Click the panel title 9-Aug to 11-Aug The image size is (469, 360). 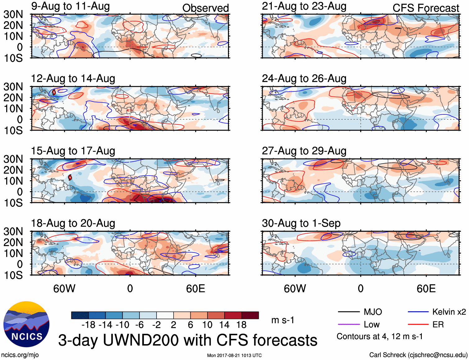coord(70,6)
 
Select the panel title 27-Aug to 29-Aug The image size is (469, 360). coord(304,151)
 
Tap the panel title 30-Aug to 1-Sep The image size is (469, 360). coord(301,223)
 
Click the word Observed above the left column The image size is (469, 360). coord(205,8)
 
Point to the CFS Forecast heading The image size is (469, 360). coord(426,8)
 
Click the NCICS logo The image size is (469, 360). coord(26,324)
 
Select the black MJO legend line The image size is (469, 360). coord(348,312)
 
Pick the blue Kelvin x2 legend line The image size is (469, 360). coord(418,312)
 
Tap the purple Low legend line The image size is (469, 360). coord(348,325)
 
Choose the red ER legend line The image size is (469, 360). coord(418,325)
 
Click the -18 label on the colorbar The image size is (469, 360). coord(89,325)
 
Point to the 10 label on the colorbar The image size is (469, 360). coord(207,325)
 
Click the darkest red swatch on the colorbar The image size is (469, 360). coord(250,315)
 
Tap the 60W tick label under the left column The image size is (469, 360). coord(64,288)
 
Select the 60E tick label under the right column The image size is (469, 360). coord(426,288)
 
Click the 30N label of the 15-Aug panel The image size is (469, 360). coord(13,159)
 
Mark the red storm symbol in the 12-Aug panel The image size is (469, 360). coord(54,92)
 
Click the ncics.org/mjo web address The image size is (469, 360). coord(20,355)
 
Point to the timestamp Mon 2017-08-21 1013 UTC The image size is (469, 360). coord(234,355)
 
